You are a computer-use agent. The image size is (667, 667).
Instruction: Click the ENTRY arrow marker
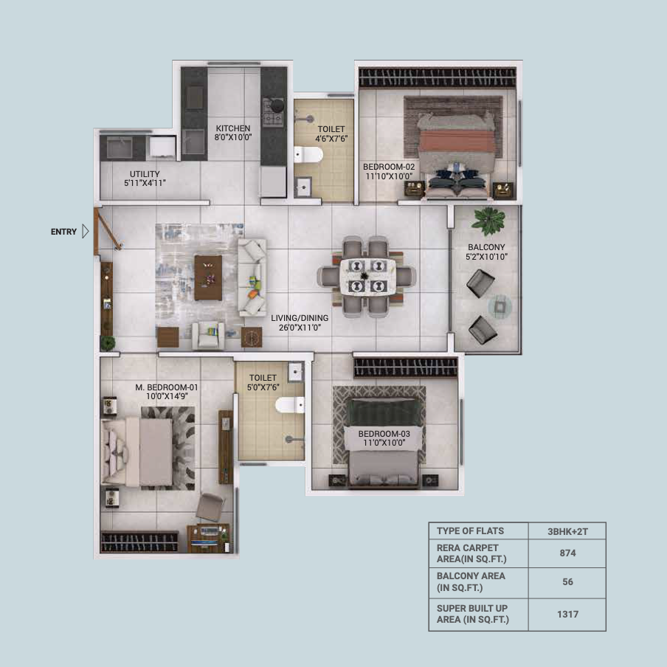[86, 232]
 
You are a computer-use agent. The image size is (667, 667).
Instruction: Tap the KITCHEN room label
[232, 128]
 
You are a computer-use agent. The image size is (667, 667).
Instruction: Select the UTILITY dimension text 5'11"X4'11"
[145, 183]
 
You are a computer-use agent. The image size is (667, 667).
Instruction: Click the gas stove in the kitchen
[273, 112]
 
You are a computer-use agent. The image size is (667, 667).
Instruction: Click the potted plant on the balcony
[488, 221]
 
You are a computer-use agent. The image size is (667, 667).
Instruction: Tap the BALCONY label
[486, 247]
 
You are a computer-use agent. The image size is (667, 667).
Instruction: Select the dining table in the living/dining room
[367, 277]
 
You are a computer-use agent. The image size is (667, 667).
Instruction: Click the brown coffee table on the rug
[208, 277]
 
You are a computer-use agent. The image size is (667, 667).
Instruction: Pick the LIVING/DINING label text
[300, 318]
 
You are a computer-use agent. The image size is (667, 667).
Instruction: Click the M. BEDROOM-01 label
[166, 387]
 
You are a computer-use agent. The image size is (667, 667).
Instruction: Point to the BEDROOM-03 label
[384, 433]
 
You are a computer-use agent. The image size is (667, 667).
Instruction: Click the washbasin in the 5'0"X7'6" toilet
[296, 372]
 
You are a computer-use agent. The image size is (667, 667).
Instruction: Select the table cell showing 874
[567, 553]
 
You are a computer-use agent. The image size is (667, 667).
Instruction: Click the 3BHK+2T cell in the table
[567, 531]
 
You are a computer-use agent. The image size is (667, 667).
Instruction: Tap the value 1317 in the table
[567, 615]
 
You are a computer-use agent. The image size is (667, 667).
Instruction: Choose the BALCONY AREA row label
[471, 582]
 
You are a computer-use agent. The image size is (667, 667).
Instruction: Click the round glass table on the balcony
[500, 306]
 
